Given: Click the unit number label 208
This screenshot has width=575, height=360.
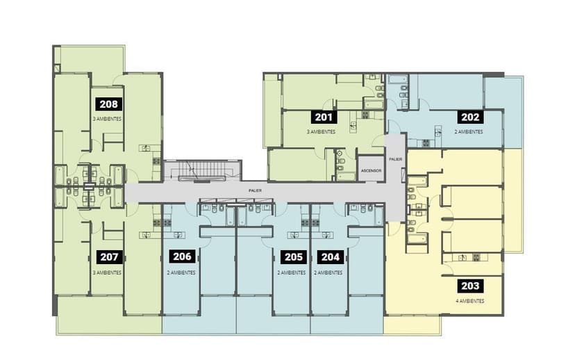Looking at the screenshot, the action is (x=108, y=104).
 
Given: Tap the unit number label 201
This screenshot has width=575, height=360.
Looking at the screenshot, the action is (x=324, y=117).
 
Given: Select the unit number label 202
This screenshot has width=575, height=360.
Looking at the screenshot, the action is (x=470, y=117).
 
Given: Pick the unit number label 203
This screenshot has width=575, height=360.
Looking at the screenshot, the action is (x=470, y=286).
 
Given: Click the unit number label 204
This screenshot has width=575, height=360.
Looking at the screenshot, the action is (x=331, y=257).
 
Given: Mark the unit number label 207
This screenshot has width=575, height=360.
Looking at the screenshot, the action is (x=109, y=257).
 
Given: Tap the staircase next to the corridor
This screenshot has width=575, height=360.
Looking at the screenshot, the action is (x=202, y=171).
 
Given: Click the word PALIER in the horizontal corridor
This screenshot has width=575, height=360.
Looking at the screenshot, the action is (x=255, y=191).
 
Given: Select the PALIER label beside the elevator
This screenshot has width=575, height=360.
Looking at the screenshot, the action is (x=395, y=159).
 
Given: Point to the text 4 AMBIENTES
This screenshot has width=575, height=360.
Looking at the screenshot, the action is (x=469, y=301).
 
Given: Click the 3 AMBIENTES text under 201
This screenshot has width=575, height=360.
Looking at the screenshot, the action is (x=322, y=131).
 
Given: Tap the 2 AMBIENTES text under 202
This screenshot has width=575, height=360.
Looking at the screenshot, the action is (x=469, y=131).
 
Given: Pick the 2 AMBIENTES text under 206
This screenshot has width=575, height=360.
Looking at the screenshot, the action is (x=181, y=272).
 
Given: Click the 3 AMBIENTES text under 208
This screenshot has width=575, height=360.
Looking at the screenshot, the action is (x=107, y=119).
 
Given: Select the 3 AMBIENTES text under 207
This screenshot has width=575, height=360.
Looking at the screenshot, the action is (x=107, y=272).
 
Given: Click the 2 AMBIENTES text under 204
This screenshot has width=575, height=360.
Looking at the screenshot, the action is (x=328, y=272).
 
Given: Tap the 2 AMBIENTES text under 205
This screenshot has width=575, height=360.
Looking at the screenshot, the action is (x=292, y=272).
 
